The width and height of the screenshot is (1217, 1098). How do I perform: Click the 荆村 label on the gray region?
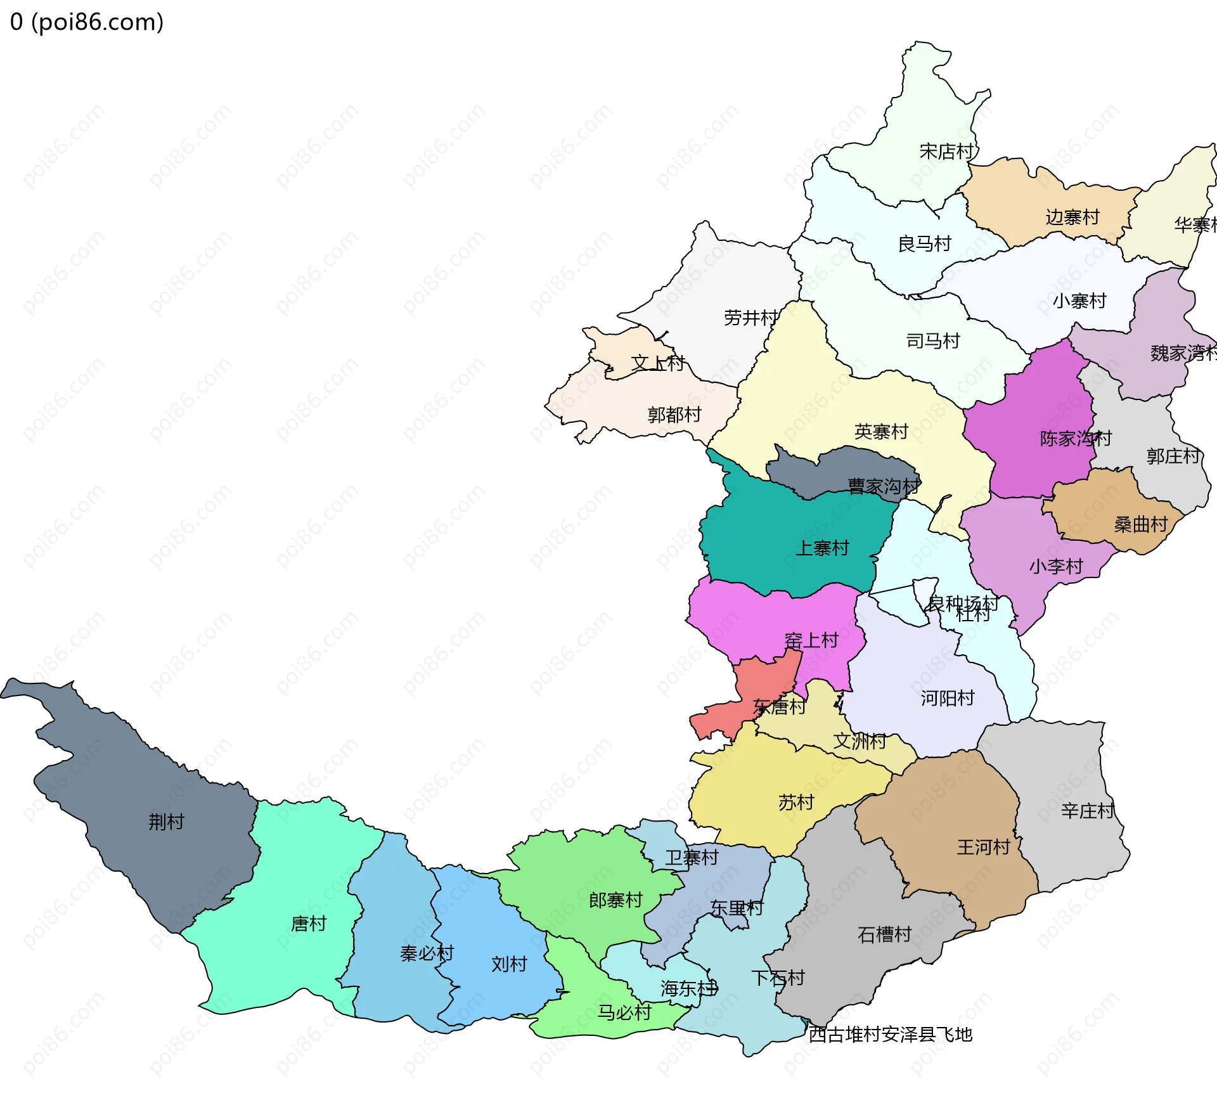[166, 822]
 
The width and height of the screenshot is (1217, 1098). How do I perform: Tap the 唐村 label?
[309, 924]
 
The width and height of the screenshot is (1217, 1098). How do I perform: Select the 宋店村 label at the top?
[946, 152]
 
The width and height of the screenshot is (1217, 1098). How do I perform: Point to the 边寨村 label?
[1072, 217]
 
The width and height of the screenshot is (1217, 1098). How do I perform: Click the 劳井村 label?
[751, 318]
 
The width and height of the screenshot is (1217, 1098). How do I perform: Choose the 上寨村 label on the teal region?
[822, 548]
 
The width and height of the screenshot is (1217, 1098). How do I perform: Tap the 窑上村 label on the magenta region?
[811, 641]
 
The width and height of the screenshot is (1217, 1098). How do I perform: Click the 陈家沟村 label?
[1075, 439]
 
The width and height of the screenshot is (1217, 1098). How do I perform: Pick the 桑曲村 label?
[1141, 525]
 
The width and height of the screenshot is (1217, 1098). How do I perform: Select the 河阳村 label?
[948, 699]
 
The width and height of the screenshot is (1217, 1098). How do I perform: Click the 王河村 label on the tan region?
[983, 848]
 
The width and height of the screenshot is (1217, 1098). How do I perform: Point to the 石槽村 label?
[884, 934]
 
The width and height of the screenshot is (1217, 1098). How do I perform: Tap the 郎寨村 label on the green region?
[615, 900]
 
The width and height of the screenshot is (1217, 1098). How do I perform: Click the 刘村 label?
[509, 964]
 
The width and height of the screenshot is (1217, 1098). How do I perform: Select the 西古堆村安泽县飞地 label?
[891, 1035]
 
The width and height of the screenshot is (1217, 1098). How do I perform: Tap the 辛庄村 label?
[1088, 811]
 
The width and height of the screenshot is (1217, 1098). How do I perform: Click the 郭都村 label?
[674, 415]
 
